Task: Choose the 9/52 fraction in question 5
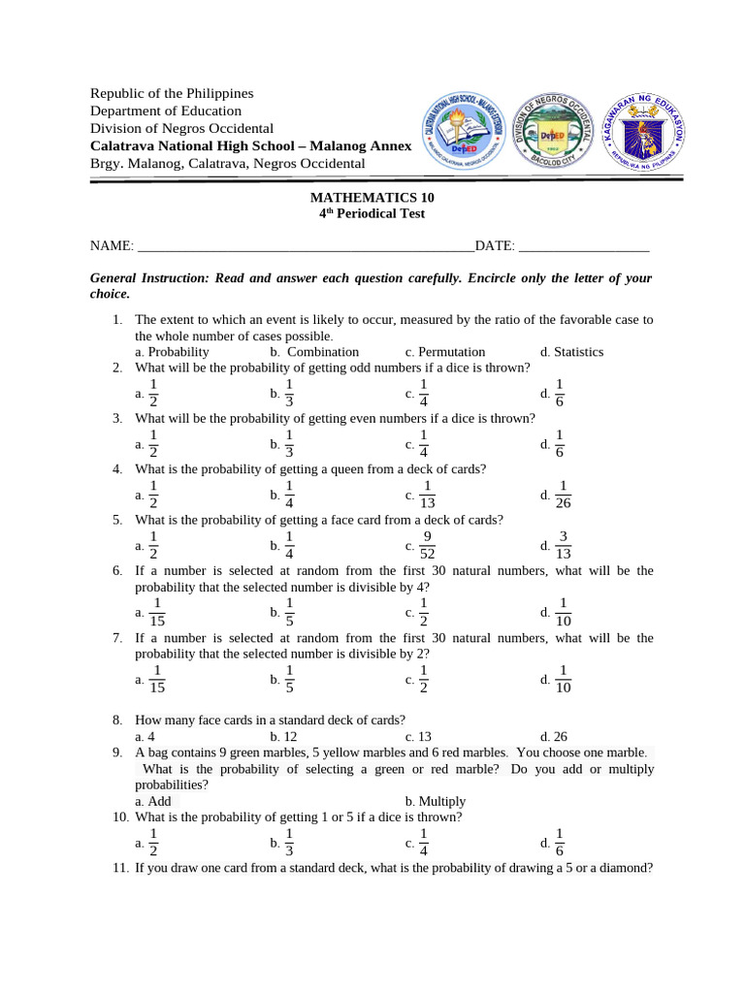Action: (x=428, y=545)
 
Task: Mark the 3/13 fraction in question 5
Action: (x=564, y=545)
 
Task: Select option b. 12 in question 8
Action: (x=283, y=736)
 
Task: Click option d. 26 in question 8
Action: (x=554, y=736)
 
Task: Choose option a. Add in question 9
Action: (x=153, y=801)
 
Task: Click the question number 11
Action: (x=120, y=868)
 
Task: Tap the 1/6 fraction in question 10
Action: (x=560, y=843)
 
